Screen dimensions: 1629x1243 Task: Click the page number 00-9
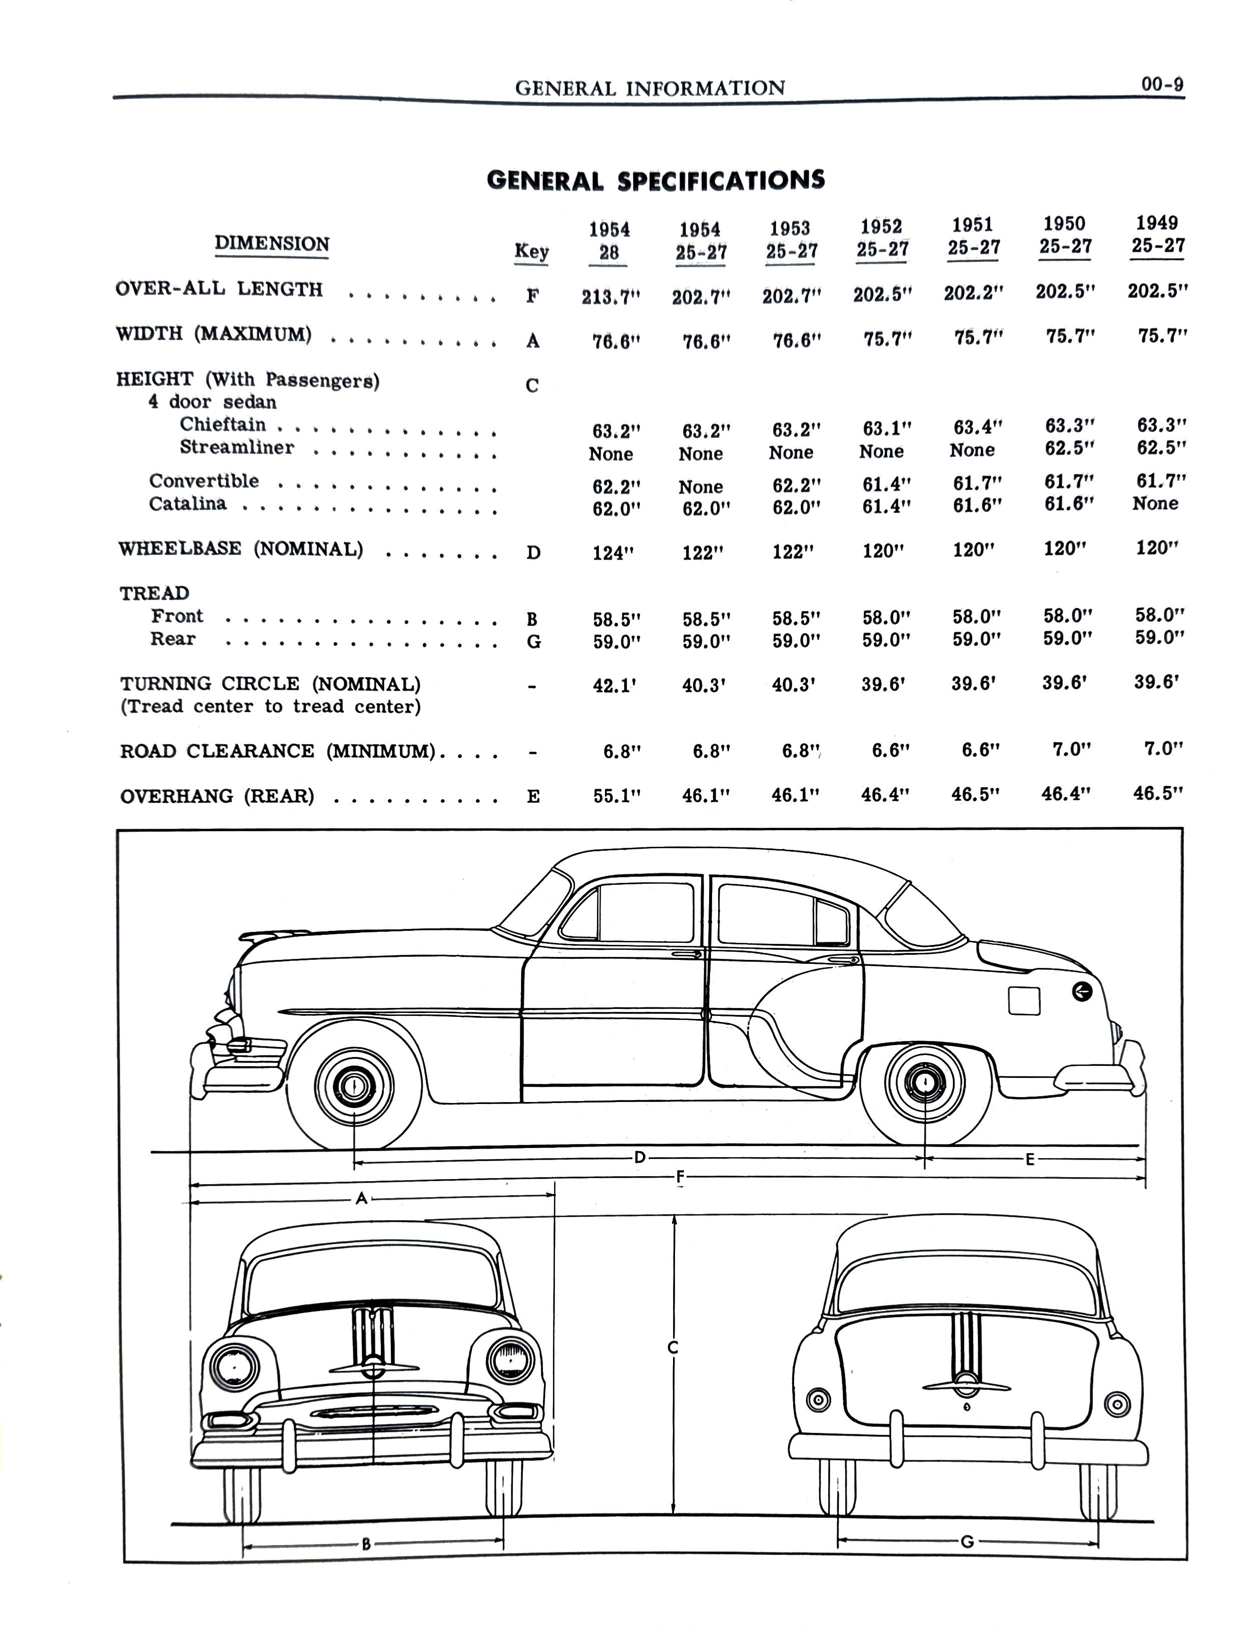1161,85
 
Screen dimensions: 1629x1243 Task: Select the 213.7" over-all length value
610,297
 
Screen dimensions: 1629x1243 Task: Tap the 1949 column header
1157,234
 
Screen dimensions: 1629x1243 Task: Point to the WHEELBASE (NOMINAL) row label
241,549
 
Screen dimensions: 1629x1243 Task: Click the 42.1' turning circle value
614,685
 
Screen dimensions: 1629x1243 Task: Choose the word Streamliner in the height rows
237,447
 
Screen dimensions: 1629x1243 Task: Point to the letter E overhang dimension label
1029,1160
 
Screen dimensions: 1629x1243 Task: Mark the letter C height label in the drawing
673,1348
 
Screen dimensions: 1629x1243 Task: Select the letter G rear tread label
966,1542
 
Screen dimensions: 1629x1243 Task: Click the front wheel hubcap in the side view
354,1086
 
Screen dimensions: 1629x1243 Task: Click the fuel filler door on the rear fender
1024,1001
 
